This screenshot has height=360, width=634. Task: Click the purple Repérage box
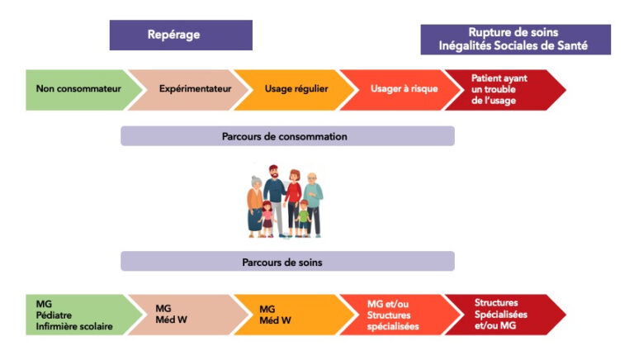coord(180,35)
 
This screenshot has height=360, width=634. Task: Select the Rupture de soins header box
coord(515,39)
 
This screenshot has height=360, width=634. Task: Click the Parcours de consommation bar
coord(286,136)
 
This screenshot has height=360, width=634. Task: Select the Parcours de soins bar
coord(286,262)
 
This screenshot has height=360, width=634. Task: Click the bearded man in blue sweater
coord(275,198)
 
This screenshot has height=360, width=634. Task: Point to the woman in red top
coord(293,198)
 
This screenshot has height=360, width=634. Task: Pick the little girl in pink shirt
coord(267,219)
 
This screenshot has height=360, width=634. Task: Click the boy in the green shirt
coord(303,219)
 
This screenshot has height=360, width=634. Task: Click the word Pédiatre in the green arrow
coord(54,315)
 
